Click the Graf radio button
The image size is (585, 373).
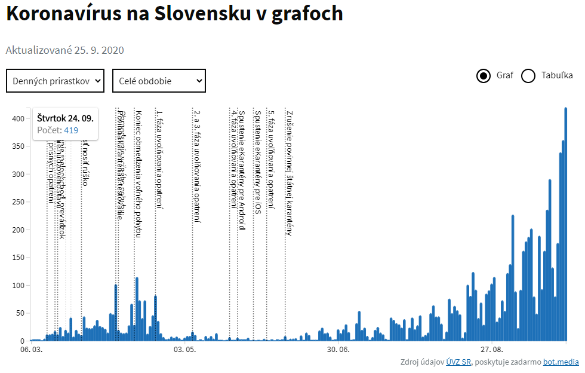(484, 76)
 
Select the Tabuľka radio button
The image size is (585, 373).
(528, 76)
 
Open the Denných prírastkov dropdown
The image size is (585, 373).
(56, 81)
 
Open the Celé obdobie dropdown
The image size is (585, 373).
(159, 81)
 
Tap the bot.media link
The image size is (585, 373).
(561, 362)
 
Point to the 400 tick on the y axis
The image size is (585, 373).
(18, 118)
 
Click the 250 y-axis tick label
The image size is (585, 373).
(18, 202)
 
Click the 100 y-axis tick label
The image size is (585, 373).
(18, 285)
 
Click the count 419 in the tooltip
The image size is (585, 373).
(71, 130)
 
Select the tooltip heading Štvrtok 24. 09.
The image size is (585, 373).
(65, 118)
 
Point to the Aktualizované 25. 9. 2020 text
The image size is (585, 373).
(65, 50)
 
